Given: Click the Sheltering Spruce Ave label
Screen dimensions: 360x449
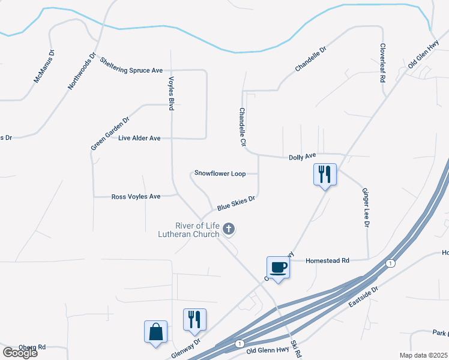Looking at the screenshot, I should (131, 66).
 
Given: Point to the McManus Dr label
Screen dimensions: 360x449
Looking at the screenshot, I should (44, 67).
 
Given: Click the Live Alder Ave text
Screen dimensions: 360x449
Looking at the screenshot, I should (139, 138).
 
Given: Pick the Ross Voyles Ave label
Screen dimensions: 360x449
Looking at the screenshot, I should (136, 196).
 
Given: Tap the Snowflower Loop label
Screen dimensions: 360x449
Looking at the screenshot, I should (220, 173).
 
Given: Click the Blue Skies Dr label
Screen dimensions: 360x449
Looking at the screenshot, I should (237, 202).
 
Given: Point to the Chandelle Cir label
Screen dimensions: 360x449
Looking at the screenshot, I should (243, 127).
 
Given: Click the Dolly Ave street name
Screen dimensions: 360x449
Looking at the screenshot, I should (302, 157).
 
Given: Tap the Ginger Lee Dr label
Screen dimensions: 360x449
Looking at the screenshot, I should (365, 208).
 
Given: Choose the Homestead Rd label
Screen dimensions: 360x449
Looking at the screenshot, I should (327, 260).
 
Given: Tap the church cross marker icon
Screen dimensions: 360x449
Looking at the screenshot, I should (228, 229).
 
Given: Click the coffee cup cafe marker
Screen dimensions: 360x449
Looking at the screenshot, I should (278, 267).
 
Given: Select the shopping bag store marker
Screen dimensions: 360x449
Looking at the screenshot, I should (155, 331).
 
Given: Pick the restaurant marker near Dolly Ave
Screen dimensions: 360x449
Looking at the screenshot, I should (325, 175).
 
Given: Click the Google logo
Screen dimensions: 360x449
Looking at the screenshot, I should (20, 353).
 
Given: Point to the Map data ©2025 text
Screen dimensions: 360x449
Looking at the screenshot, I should (423, 355).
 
